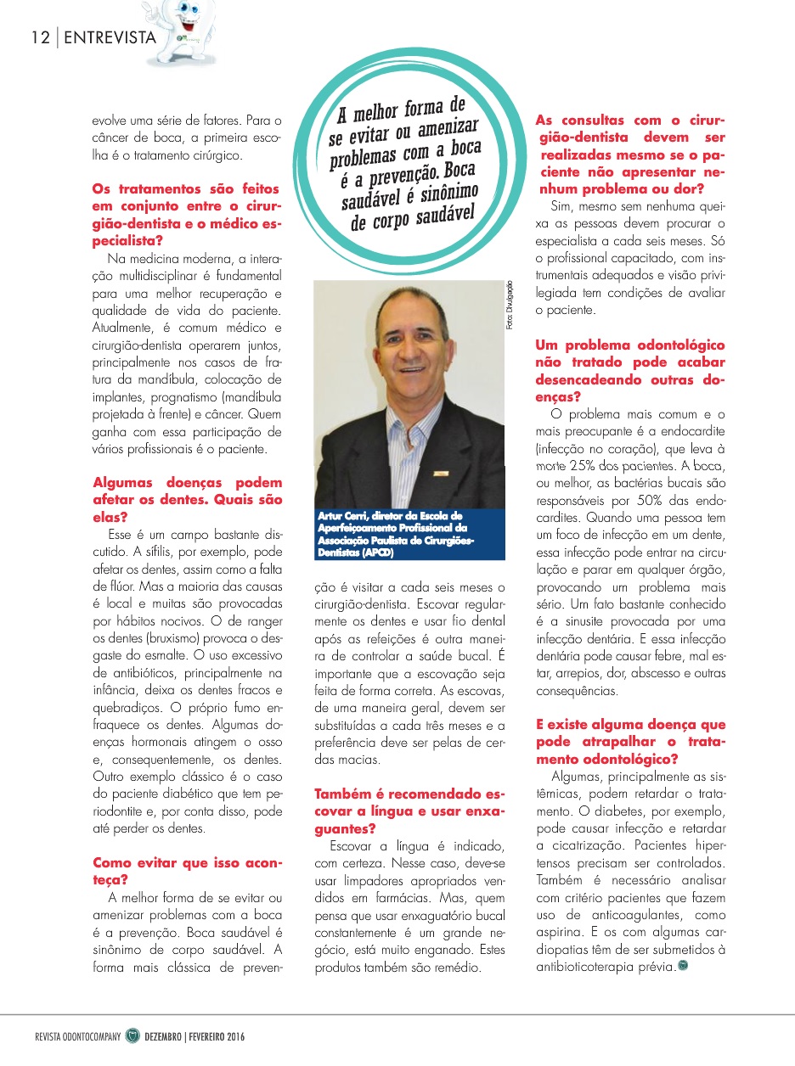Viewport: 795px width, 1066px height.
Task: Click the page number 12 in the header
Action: coord(38,37)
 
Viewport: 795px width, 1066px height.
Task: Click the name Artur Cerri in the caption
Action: coord(343,515)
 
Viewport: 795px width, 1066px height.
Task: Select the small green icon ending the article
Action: coord(684,964)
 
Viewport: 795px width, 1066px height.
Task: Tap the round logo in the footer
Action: coord(132,1036)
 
